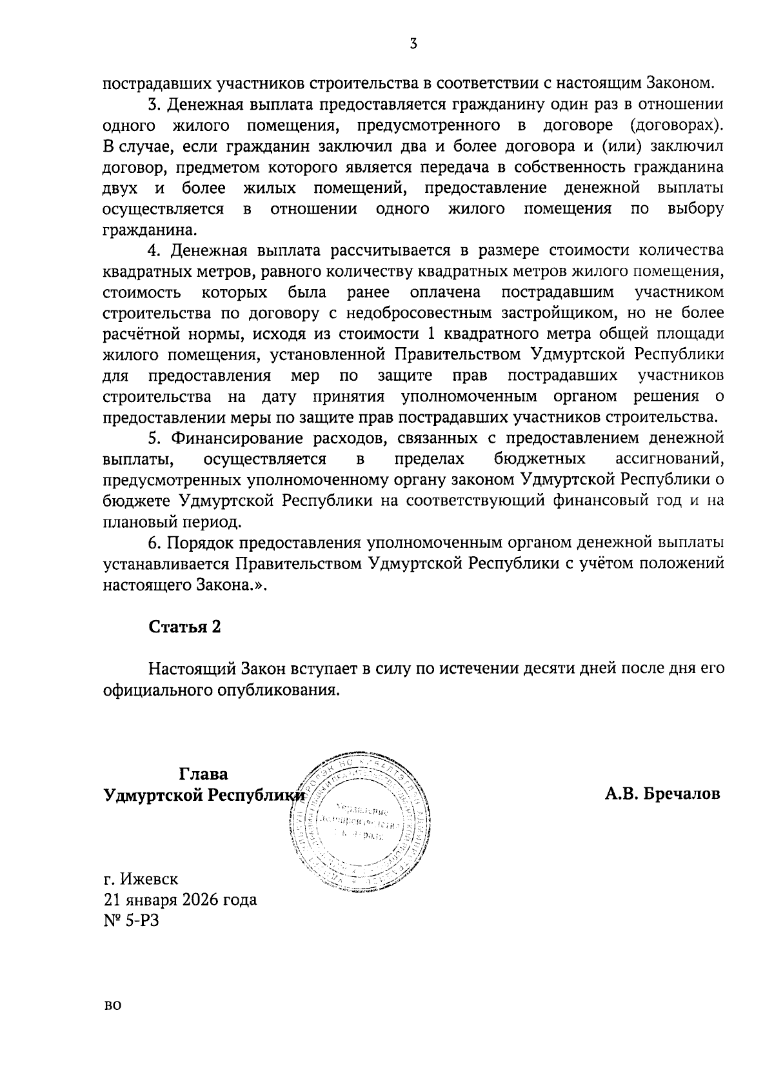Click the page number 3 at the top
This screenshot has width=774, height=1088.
[x=413, y=44]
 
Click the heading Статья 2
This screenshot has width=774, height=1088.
[x=185, y=627]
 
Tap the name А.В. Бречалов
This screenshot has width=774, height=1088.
[x=662, y=794]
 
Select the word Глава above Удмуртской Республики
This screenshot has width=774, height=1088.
[x=203, y=773]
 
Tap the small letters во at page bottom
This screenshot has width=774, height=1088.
[x=112, y=1023]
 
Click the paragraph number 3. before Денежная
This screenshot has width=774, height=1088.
[x=154, y=104]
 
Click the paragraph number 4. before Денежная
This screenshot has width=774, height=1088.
[x=154, y=250]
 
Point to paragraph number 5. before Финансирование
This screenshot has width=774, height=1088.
[x=154, y=438]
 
